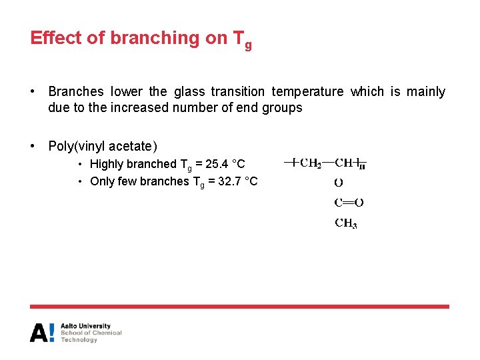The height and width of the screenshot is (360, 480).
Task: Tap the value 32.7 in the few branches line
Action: click(227, 181)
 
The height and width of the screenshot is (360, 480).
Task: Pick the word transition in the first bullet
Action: click(237, 91)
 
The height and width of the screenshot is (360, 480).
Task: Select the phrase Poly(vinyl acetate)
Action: click(103, 145)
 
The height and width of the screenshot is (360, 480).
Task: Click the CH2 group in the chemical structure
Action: click(311, 162)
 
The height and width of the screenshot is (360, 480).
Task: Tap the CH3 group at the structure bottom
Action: click(345, 223)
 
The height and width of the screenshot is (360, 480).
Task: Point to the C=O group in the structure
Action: click(348, 203)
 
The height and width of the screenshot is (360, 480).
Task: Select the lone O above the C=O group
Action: click(339, 182)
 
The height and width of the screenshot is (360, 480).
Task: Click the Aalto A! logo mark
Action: click(42, 332)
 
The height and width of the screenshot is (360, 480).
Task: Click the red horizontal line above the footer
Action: click(239, 307)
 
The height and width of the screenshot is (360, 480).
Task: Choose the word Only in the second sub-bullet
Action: click(103, 181)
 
